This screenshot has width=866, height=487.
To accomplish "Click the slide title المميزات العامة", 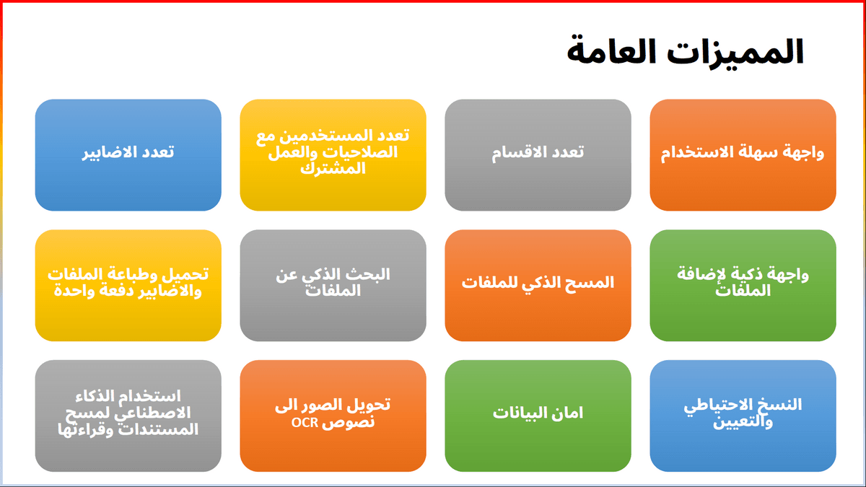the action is tap(685, 52).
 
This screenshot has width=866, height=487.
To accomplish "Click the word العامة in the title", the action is tap(611, 52).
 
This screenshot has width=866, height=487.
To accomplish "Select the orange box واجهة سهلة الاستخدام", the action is tap(743, 155).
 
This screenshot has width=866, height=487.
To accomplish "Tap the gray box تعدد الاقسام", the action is tap(538, 155).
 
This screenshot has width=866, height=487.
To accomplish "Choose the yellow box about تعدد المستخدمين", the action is tap(333, 155).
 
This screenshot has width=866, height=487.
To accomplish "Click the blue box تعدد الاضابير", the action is tap(128, 155).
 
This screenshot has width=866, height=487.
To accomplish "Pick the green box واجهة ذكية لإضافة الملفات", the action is tap(743, 286).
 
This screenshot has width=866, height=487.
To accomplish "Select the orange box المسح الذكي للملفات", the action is tap(538, 286).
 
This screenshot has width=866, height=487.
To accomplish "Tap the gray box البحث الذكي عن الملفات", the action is tap(333, 286).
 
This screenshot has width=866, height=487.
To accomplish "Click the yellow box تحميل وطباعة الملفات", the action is tap(128, 286).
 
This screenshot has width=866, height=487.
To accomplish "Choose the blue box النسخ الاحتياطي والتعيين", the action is tap(743, 416).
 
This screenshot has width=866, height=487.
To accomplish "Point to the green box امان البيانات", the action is tap(538, 416).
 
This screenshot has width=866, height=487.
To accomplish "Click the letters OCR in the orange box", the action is tap(305, 423).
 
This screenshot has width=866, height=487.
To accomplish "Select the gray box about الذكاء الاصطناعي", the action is tap(128, 416).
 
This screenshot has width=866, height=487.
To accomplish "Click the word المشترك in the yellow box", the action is tap(333, 169).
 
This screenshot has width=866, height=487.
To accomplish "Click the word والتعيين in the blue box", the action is tap(743, 421).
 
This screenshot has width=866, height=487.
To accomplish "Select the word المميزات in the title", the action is tap(735, 52).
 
